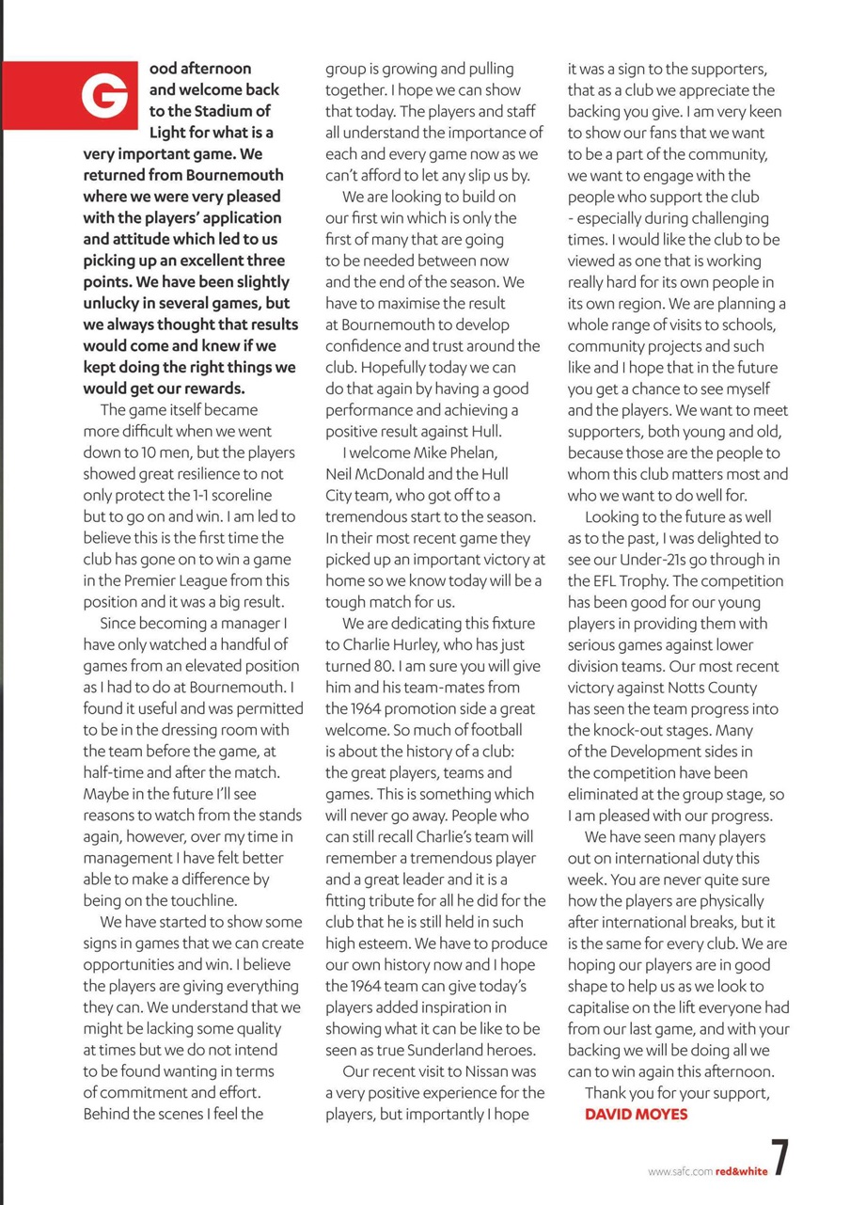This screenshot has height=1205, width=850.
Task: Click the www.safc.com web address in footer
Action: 680,1171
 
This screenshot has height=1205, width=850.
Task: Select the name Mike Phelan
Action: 475,452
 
